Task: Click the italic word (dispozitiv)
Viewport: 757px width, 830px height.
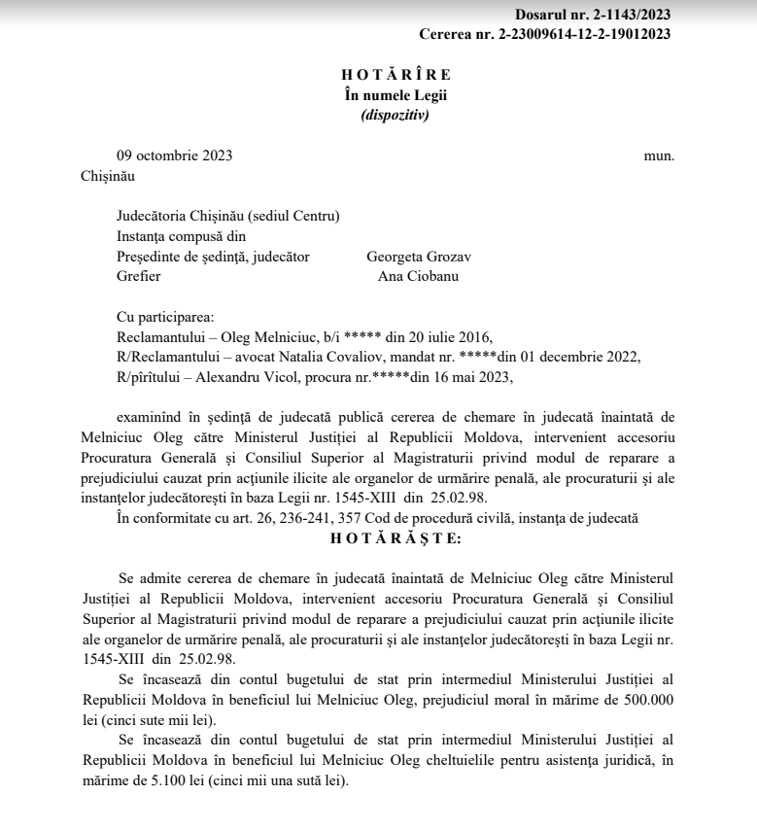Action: (395, 114)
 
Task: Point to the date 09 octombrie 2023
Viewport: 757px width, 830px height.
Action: (174, 156)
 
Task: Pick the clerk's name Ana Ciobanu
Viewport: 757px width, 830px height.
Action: (419, 276)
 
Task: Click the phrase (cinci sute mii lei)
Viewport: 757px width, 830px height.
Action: (168, 720)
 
